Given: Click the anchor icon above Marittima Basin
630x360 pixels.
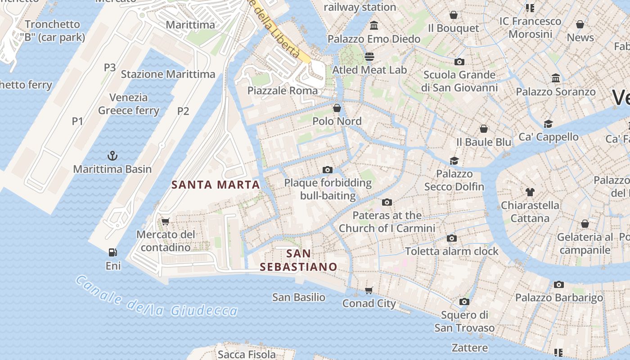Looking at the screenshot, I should [x=112, y=156].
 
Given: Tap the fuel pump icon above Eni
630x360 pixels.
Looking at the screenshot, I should [x=113, y=252].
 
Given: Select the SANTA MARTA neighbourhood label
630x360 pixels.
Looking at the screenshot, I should [x=216, y=184].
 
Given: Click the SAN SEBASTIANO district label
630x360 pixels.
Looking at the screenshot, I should [x=298, y=260].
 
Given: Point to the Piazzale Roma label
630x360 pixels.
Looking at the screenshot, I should [x=283, y=90].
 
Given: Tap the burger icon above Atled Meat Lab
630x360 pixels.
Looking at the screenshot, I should [x=369, y=57].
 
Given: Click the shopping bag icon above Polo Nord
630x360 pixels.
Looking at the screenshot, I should [x=337, y=108].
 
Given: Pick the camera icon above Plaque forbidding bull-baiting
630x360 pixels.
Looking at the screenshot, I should [x=328, y=170].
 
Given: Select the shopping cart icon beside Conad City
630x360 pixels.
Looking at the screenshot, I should [x=369, y=290].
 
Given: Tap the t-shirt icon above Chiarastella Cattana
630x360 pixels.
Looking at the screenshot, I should [x=530, y=192].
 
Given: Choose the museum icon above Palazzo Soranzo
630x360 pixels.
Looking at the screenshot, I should [x=556, y=78].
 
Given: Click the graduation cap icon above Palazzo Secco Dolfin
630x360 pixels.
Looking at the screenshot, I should [x=454, y=161].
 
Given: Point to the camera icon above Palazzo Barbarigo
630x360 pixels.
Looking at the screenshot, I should [x=559, y=284].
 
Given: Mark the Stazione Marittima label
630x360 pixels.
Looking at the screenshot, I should [x=168, y=74].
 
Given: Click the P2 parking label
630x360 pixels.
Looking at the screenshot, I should [x=183, y=111].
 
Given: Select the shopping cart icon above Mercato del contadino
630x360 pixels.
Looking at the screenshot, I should [x=165, y=221].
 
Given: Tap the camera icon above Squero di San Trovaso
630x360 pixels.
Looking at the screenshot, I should [x=464, y=301].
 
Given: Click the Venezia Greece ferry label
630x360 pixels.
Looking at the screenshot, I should [x=129, y=104].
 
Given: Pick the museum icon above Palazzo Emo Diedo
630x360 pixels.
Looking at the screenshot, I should [x=373, y=25].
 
